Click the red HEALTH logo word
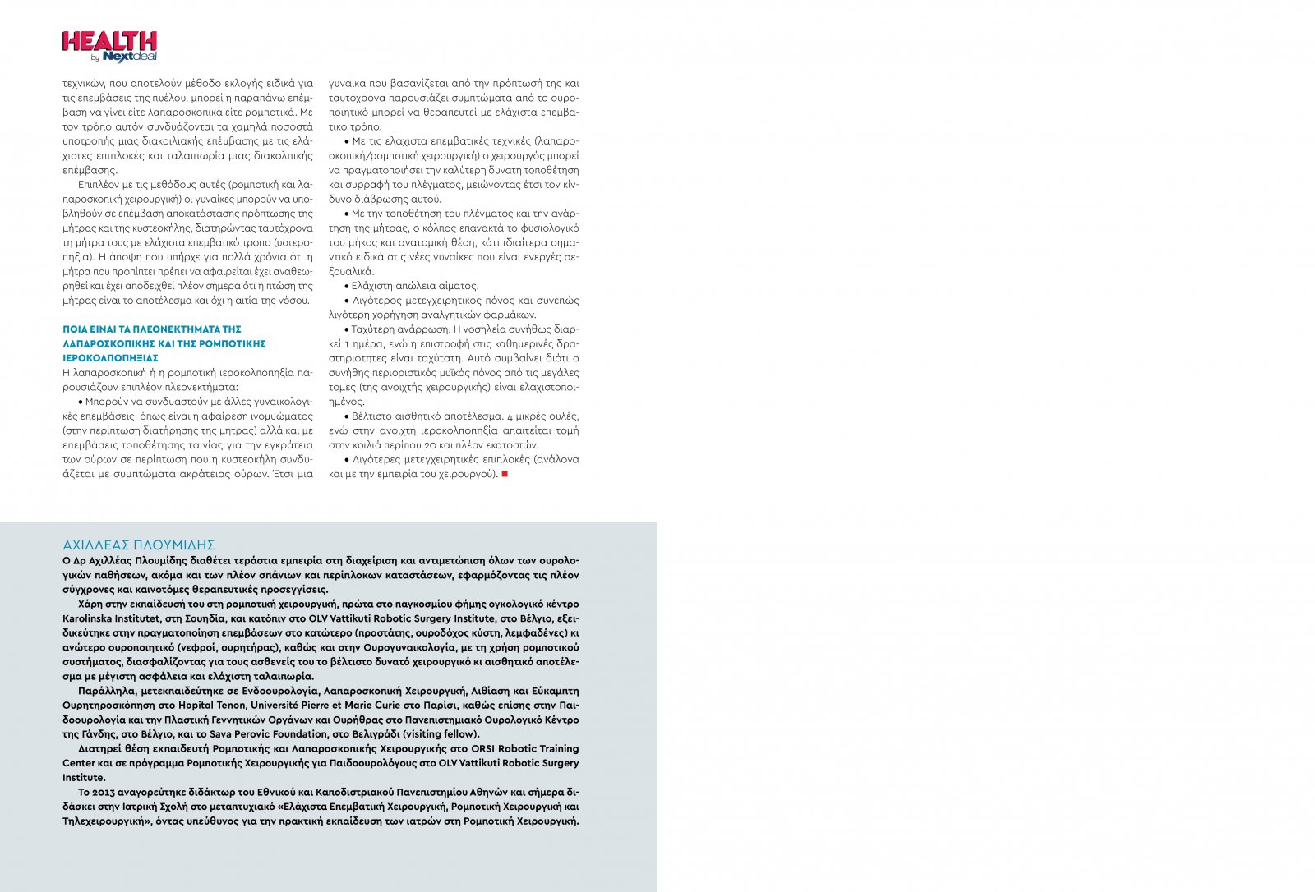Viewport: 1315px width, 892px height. tap(109, 41)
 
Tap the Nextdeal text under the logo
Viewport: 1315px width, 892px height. tap(129, 57)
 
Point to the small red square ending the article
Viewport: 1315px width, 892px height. tap(505, 474)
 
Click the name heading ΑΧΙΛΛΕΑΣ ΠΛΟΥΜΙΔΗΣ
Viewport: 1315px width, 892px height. tap(138, 545)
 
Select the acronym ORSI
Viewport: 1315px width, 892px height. tap(483, 749)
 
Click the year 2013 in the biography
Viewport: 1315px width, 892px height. tap(104, 793)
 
